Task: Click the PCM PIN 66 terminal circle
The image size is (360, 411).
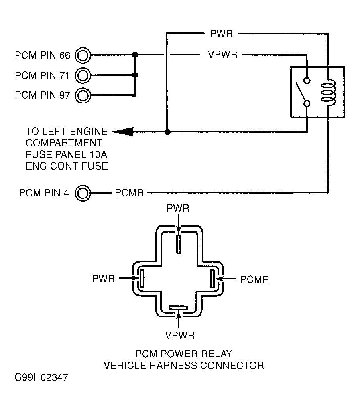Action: [83, 55]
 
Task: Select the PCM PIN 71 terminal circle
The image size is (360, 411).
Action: [83, 75]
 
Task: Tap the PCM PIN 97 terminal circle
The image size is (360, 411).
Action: [83, 95]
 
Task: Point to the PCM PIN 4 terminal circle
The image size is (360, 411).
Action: [83, 193]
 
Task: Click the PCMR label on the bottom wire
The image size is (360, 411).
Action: [129, 193]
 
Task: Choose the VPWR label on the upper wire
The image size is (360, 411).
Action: [223, 55]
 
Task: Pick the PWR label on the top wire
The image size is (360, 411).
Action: [221, 34]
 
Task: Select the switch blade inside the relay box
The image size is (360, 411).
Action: [301, 93]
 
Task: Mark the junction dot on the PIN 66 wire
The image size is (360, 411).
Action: [136, 55]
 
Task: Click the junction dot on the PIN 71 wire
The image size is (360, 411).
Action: [136, 75]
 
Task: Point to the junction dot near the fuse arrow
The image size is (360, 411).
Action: [167, 132]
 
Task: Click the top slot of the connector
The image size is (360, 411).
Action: [179, 244]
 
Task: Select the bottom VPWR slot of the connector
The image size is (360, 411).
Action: [178, 308]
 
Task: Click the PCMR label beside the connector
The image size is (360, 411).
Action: [255, 279]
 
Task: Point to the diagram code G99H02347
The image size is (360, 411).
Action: [41, 378]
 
